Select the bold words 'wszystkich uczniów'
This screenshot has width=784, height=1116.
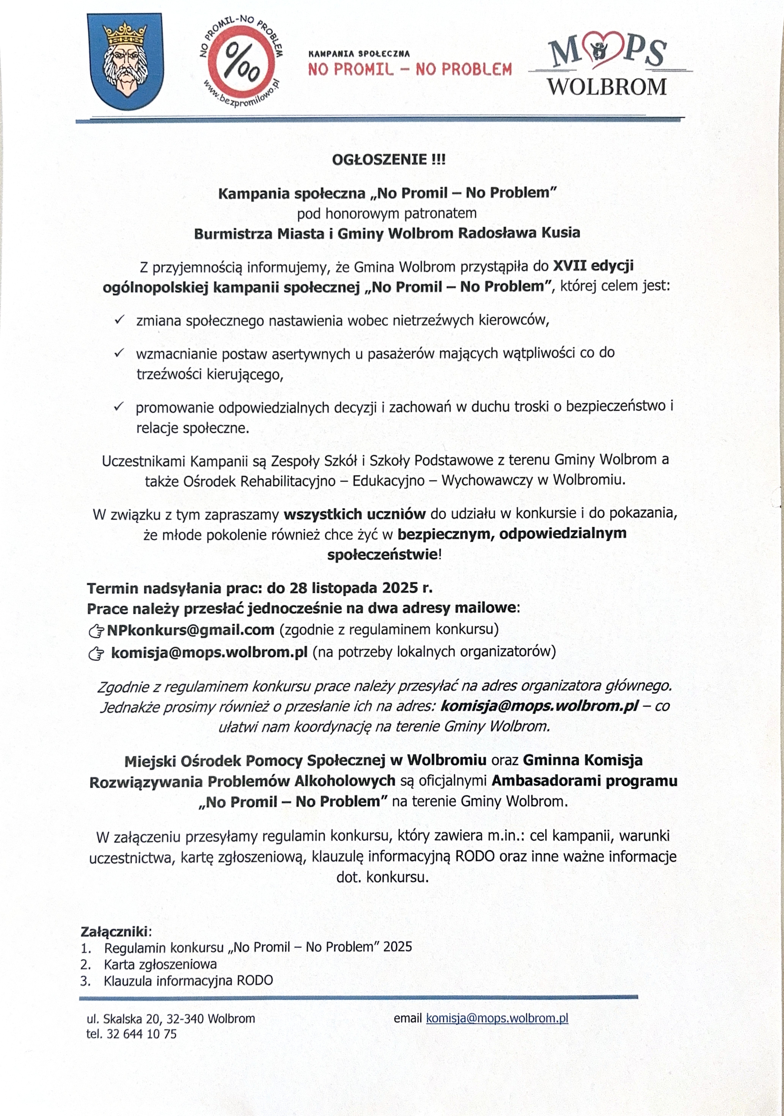click(x=355, y=514)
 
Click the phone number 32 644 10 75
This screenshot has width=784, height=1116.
click(x=142, y=1034)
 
